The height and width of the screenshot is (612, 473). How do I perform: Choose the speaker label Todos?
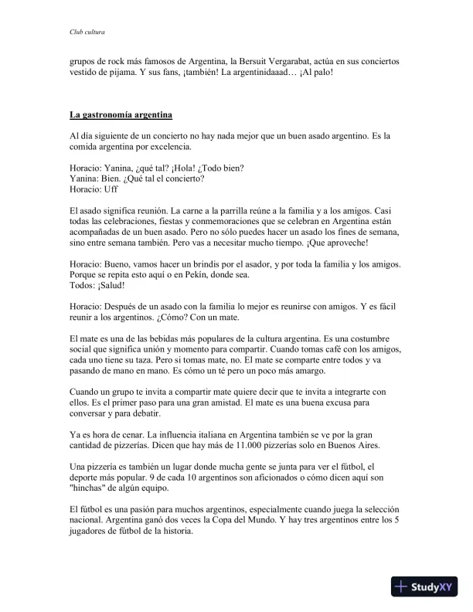[x=82, y=284]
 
